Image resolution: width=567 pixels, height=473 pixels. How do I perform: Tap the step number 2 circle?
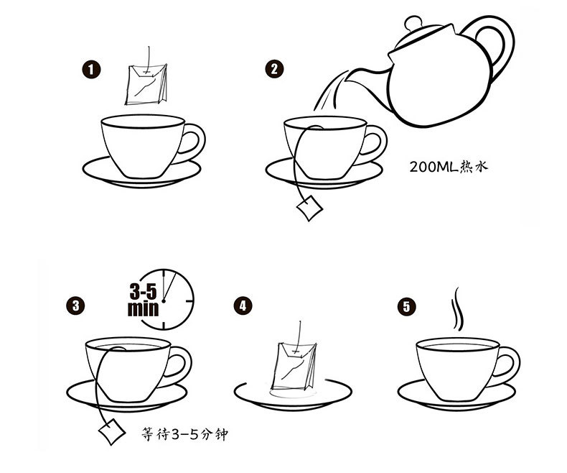click(274, 70)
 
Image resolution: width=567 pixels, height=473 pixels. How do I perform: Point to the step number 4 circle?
click(244, 306)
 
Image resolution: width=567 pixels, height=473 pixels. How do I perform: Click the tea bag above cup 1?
click(147, 82)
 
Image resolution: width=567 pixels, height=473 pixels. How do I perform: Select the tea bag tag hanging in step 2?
click(309, 209)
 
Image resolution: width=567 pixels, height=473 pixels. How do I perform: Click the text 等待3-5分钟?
click(186, 435)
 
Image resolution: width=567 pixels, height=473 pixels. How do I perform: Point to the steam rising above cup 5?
click(455, 311)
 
